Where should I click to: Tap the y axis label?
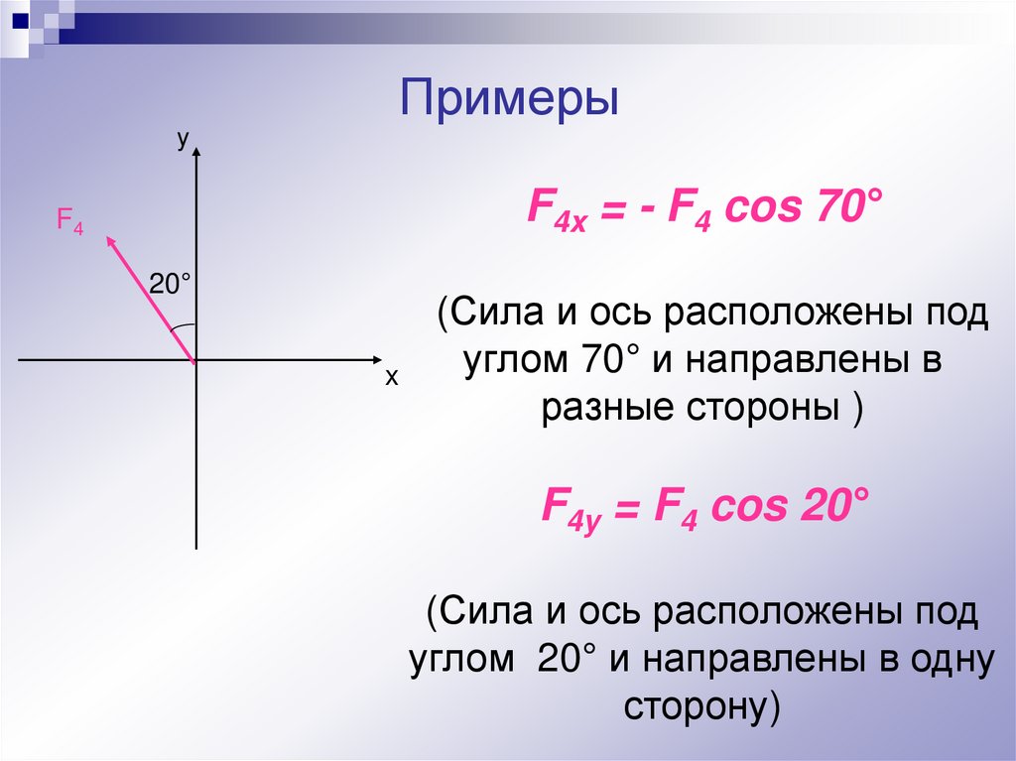184,141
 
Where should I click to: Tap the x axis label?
391,379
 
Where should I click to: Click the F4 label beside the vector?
69,221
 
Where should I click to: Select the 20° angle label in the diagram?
169,285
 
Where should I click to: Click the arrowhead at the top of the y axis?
197,152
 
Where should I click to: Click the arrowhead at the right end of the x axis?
376,359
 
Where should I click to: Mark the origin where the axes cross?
196,360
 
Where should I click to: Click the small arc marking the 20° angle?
182,326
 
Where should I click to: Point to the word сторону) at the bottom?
702,705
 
